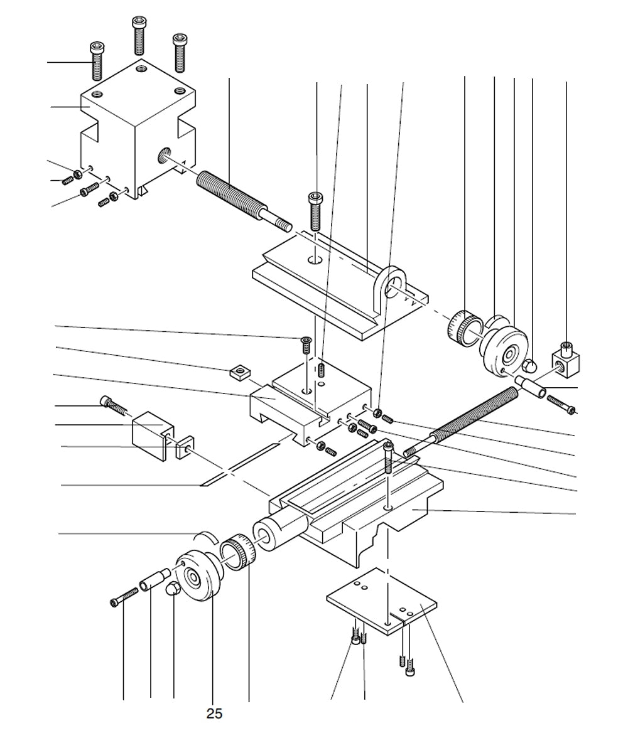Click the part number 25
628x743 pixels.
click(x=214, y=714)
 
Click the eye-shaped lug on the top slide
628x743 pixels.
click(x=392, y=286)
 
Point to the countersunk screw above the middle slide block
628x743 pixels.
click(x=306, y=343)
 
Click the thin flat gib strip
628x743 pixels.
click(x=239, y=465)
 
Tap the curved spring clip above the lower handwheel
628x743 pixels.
click(x=205, y=534)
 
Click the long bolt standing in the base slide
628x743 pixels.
click(x=389, y=458)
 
